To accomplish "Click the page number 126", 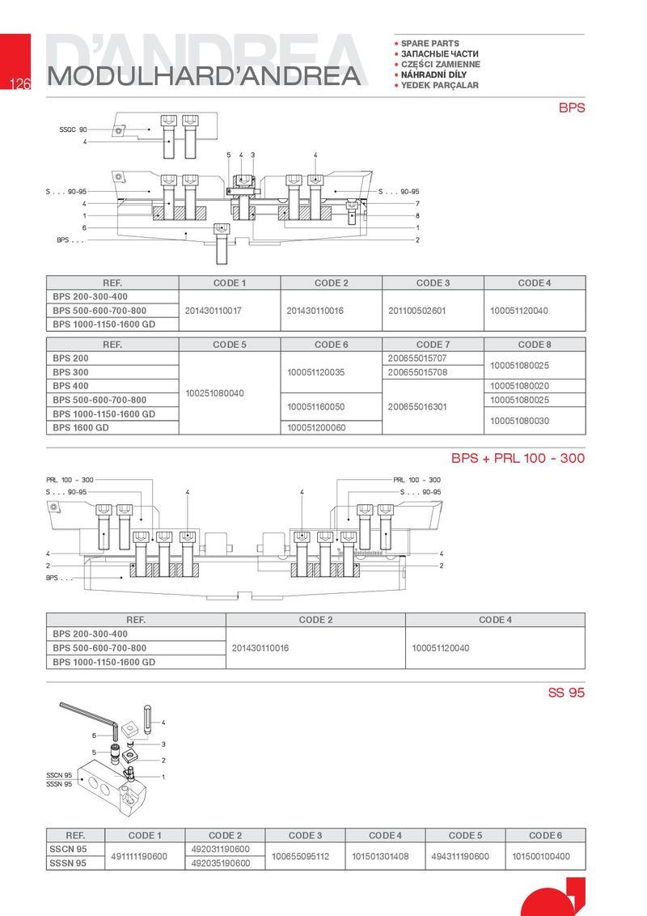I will pos(19,83).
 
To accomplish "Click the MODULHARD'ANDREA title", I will pos(202,75).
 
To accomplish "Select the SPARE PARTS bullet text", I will pos(429,43).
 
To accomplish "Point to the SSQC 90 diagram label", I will pos(74,129).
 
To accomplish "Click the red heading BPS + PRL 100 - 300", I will pos(518,459).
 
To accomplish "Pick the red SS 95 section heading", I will pos(566,693).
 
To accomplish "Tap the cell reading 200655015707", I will pos(417,358).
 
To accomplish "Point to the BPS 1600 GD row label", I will pos(81,427).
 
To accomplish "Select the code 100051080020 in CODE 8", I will pos(519,386).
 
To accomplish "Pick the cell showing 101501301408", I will pos(380,856).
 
